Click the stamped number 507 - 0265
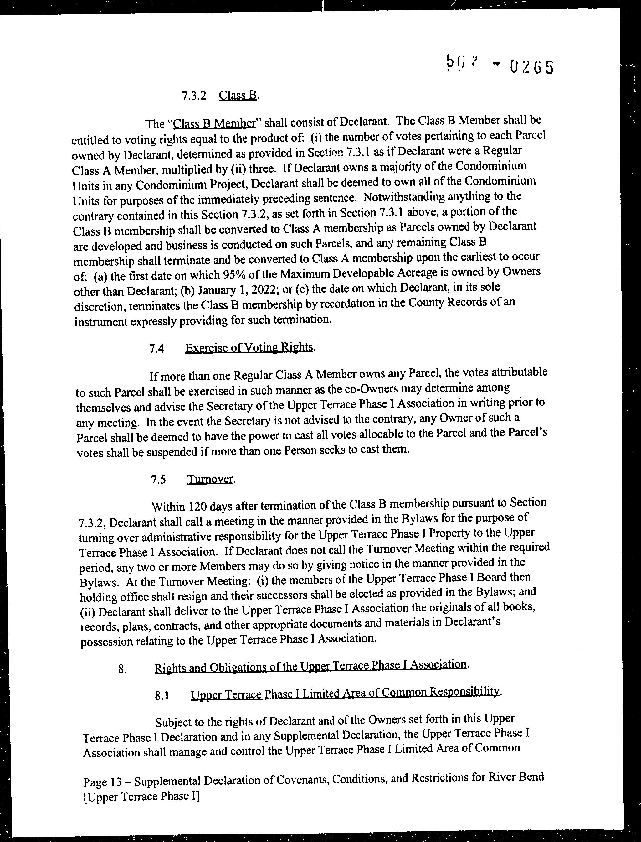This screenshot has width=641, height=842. click(500, 66)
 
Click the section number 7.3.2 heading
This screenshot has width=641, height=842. click(193, 96)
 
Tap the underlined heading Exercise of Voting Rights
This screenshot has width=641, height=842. click(249, 347)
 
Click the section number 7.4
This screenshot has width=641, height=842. click(157, 349)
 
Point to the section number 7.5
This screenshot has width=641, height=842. click(158, 480)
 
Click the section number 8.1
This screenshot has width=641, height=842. click(162, 696)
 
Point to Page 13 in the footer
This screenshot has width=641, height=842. click(102, 782)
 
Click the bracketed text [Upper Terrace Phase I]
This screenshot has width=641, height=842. click(141, 797)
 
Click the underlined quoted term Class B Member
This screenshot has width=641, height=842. click(214, 124)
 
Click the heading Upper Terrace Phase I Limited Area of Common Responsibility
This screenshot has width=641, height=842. click(345, 693)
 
